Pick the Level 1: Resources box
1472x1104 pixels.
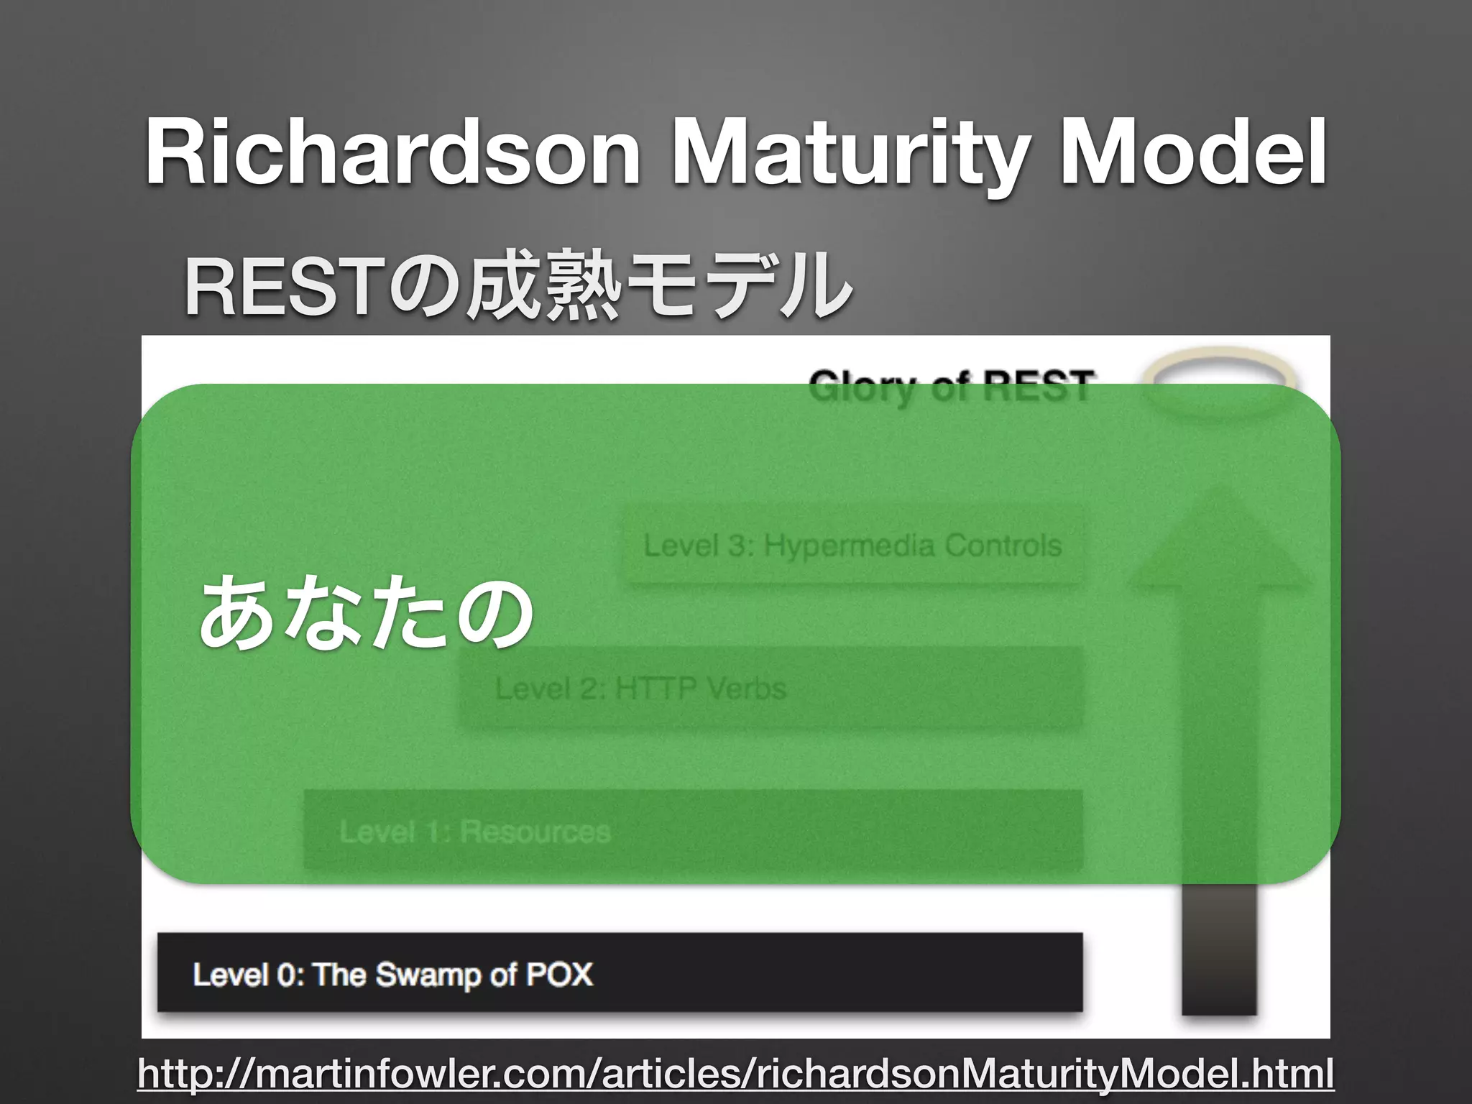[x=693, y=831]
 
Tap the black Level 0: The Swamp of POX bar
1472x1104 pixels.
[x=620, y=974]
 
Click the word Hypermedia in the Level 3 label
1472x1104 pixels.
[x=849, y=546]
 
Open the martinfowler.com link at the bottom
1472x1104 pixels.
[x=735, y=1075]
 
